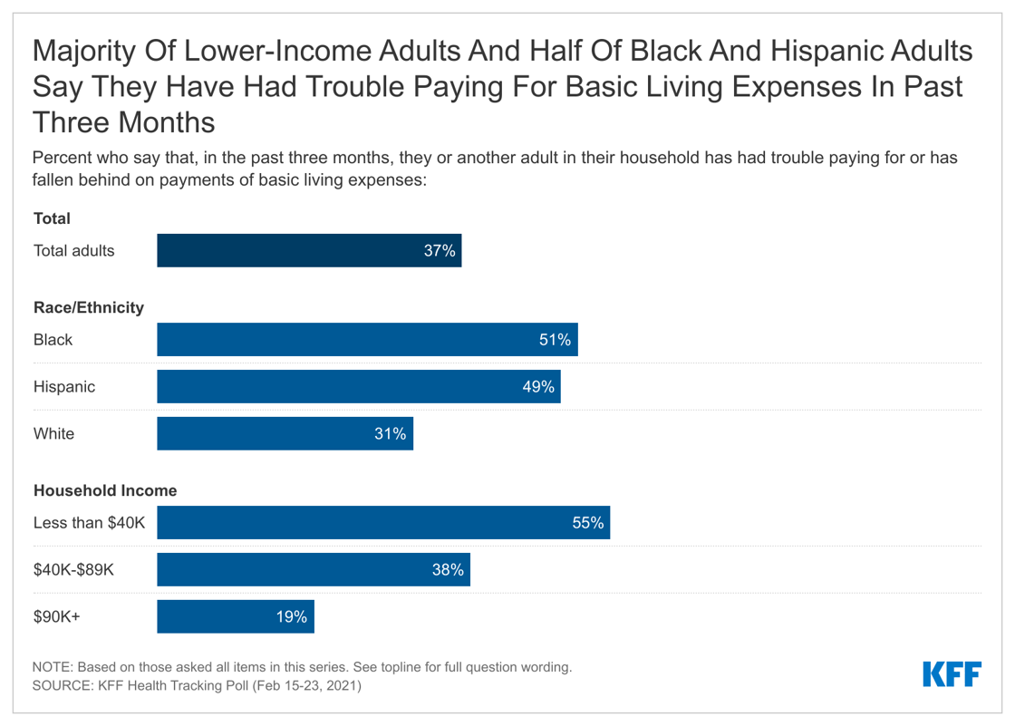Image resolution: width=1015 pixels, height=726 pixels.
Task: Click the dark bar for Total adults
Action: tap(308, 251)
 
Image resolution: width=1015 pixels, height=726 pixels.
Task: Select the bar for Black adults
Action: tap(366, 340)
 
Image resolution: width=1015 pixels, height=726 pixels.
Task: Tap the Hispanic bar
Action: tap(358, 387)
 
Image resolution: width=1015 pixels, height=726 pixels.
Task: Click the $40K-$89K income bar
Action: tap(313, 570)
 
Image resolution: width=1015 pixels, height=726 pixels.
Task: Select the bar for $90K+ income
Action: tap(235, 617)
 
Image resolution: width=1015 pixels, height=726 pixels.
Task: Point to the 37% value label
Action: tap(440, 251)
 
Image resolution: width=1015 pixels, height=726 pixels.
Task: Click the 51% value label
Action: tap(555, 340)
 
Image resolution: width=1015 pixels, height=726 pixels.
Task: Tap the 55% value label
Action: tap(587, 523)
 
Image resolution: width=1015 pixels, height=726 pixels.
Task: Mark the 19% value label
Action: tap(292, 617)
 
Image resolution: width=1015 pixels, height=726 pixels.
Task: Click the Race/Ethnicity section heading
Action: tap(88, 308)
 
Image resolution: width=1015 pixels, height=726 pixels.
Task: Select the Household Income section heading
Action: tap(104, 491)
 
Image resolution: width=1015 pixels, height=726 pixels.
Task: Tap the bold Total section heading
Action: tap(52, 218)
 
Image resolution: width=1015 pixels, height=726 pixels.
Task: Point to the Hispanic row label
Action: tap(63, 387)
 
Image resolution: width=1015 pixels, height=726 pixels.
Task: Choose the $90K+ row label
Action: tap(56, 617)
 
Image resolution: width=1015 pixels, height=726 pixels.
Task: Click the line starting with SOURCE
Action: tap(197, 686)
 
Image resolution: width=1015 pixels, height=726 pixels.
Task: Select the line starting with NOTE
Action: tap(302, 667)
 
